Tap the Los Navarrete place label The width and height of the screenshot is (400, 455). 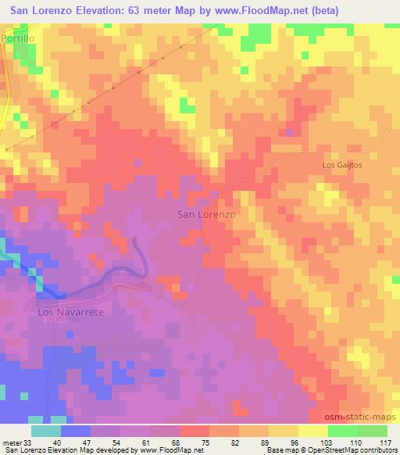pos(71,311)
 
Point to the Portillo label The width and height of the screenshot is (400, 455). pos(19,38)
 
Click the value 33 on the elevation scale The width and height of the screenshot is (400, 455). pos(29,442)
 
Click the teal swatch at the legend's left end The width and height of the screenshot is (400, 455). pos(46,431)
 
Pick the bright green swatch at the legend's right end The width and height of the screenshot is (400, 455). pos(373,431)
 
